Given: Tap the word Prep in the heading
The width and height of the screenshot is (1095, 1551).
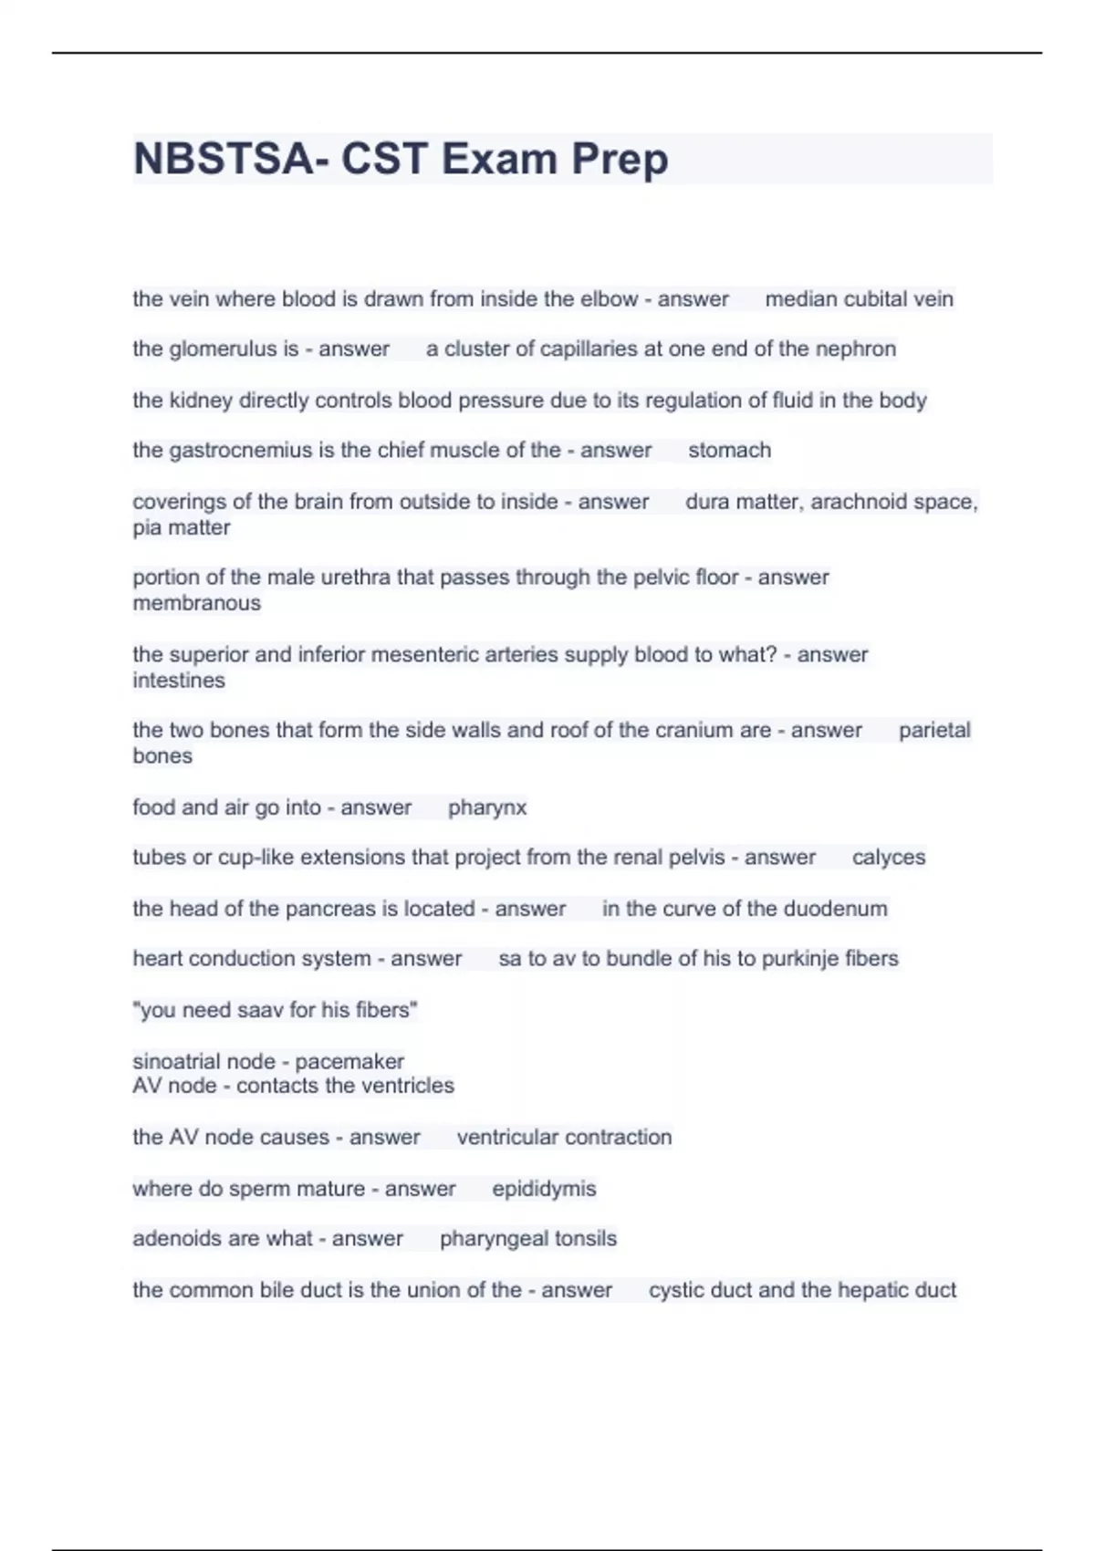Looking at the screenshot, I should (x=620, y=161).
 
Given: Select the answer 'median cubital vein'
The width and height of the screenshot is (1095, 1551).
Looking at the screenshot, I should (x=859, y=299).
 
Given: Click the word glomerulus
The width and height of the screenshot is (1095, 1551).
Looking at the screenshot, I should (x=223, y=349).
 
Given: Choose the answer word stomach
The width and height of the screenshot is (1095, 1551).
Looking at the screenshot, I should (x=729, y=451).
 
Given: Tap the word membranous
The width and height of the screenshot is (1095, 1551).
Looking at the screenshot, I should (x=196, y=603).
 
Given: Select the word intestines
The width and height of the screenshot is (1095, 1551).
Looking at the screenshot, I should (x=179, y=681).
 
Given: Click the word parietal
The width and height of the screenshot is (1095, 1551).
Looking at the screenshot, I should (x=934, y=730).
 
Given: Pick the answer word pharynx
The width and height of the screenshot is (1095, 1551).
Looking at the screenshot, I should (x=487, y=808).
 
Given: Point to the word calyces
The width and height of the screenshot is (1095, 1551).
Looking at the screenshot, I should (x=889, y=858).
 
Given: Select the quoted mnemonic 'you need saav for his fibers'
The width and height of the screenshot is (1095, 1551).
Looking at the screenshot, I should (x=275, y=1010).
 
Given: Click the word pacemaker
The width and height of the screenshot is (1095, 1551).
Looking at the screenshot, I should (x=349, y=1062).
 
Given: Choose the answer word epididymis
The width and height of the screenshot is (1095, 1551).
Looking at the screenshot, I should (x=544, y=1189).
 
